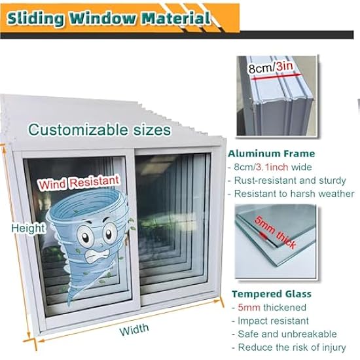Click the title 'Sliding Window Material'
tap(109, 18)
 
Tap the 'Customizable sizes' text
tap(99, 130)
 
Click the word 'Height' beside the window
tap(28, 228)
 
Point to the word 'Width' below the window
tap(134, 330)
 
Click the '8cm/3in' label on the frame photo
tap(271, 67)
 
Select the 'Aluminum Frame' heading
tap(272, 154)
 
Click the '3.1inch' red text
tap(272, 167)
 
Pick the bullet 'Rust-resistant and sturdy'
tap(290, 181)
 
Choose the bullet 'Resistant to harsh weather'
tap(294, 194)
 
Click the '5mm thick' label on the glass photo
tap(275, 232)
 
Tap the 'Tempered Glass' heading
tap(272, 294)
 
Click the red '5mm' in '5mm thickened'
tap(249, 307)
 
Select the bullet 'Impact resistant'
tap(273, 321)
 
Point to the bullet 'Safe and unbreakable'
tap(287, 334)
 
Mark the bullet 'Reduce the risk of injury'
tap(292, 348)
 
